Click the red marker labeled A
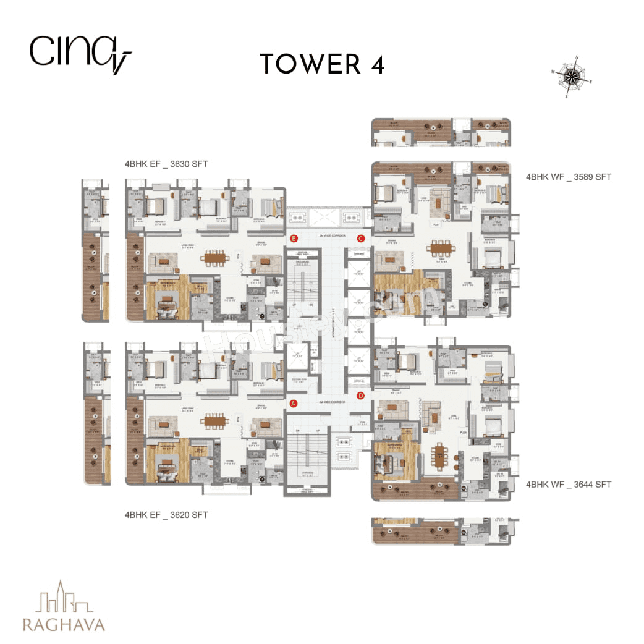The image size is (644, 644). click(294, 404)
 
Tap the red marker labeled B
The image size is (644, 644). click(294, 239)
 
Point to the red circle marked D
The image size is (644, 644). click(361, 396)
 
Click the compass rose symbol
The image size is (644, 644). click(572, 77)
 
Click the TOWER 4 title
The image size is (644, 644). click(322, 64)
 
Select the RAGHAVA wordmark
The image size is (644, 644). click(64, 623)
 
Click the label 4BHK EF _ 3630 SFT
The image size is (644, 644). click(166, 164)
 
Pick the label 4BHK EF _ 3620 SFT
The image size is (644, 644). click(166, 514)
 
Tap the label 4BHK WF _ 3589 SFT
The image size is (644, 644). click(569, 177)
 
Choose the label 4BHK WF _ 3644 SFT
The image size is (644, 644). click(569, 485)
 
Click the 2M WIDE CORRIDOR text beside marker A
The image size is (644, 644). click(328, 402)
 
